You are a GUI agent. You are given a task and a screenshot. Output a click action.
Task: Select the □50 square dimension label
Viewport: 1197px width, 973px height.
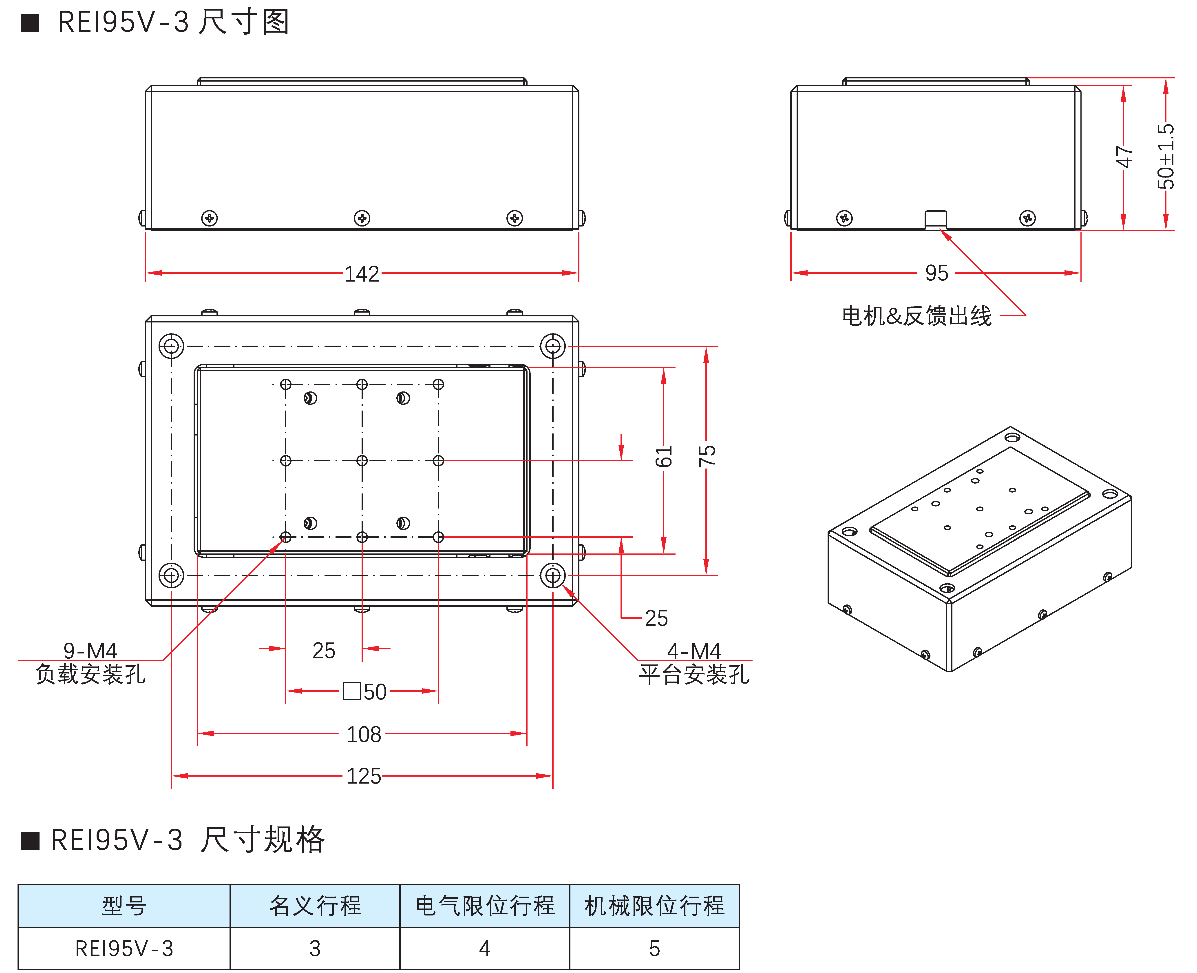point(365,692)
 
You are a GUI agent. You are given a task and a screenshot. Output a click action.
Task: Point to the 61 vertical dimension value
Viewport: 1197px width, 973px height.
point(664,457)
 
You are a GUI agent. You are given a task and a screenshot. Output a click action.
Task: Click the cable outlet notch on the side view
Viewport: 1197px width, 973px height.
point(935,219)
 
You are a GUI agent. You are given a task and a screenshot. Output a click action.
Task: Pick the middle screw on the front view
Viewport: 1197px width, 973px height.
point(362,218)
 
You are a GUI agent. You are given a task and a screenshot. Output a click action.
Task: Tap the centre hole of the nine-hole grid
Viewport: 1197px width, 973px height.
point(362,461)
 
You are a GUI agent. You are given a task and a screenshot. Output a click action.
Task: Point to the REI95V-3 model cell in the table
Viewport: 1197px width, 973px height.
point(124,948)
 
